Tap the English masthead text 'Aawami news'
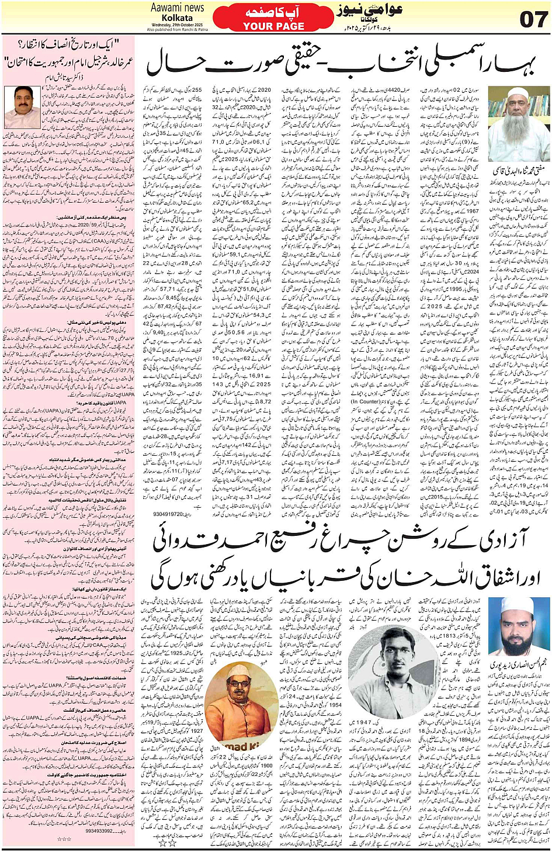(x=177, y=8)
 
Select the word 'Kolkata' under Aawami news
(x=177, y=18)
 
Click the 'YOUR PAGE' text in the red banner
(x=273, y=26)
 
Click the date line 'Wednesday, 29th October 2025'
(x=177, y=25)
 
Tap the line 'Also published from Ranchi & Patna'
(x=177, y=30)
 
